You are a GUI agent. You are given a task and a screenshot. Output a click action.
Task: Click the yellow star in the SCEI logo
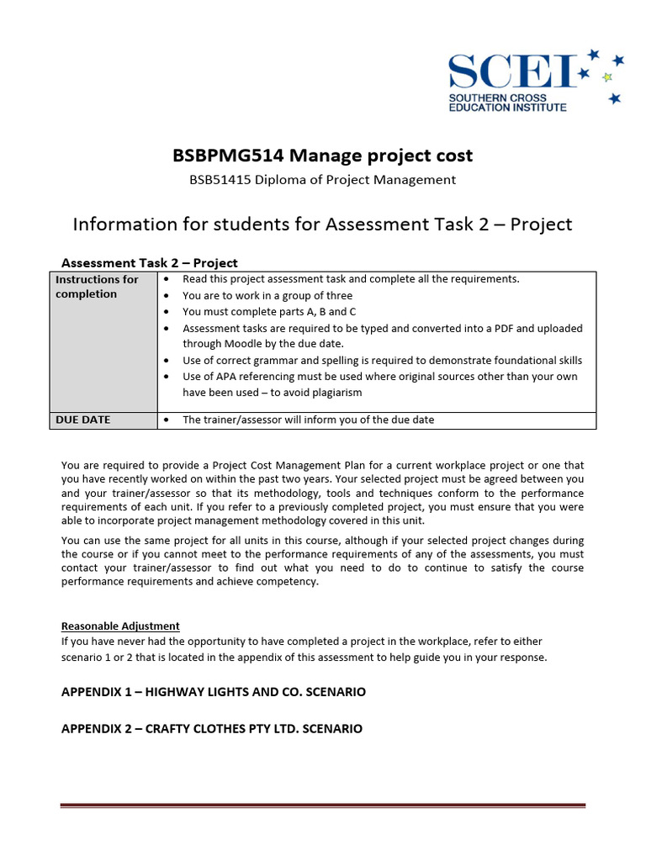click(x=607, y=77)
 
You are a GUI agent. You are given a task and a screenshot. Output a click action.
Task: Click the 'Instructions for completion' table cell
click(x=103, y=287)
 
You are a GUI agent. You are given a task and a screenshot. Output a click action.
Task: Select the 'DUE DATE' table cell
click(x=83, y=420)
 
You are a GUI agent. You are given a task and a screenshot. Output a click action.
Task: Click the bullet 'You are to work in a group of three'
click(x=267, y=295)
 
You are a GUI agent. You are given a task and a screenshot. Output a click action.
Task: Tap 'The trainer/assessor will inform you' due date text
click(x=308, y=420)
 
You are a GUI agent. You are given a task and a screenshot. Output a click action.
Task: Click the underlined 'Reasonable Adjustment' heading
click(x=120, y=626)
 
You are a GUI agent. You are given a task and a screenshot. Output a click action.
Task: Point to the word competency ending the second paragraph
click(x=289, y=582)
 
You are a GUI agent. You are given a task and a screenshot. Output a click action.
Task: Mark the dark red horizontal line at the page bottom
click(x=322, y=806)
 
